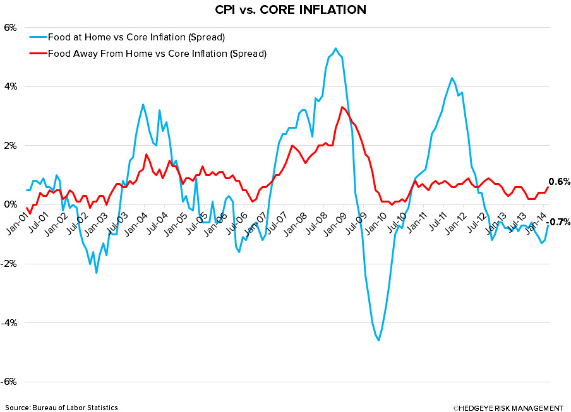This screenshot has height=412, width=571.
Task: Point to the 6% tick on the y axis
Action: pos(10,28)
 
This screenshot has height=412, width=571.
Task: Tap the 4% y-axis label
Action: pos(10,86)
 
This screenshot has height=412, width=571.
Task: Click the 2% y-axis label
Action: pos(10,146)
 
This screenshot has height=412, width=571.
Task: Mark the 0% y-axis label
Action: pos(10,204)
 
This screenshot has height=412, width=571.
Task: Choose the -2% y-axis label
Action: pos(9,264)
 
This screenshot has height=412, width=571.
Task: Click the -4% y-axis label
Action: pos(9,323)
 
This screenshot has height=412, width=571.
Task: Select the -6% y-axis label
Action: pos(9,382)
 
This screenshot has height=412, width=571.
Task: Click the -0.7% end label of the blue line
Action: pos(559,222)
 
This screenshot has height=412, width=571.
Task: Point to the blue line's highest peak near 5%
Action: pos(335,49)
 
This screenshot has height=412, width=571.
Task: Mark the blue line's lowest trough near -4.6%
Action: pos(378,340)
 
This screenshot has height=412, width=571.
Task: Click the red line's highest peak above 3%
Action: pos(342,107)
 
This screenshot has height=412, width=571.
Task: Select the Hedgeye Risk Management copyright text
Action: pos(508,408)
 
